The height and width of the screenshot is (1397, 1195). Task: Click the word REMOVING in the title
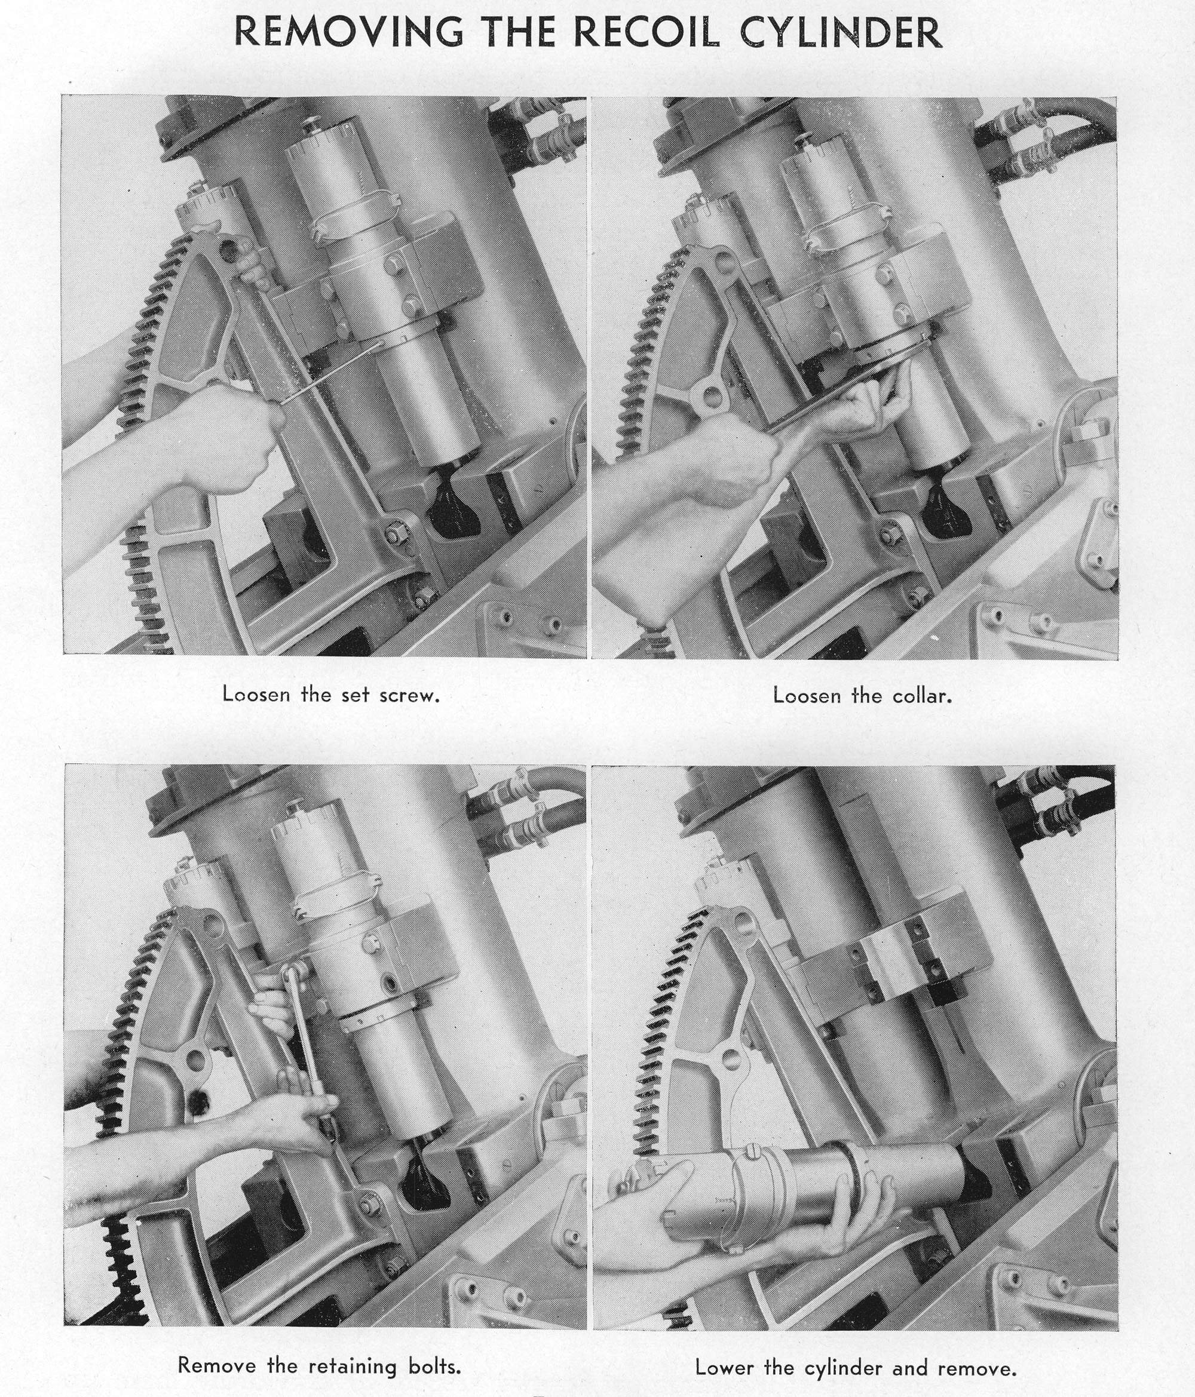349,32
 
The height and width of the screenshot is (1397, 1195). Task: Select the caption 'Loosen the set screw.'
331,695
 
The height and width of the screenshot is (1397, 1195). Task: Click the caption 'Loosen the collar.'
863,695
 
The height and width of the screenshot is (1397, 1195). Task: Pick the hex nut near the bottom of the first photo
393,536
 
